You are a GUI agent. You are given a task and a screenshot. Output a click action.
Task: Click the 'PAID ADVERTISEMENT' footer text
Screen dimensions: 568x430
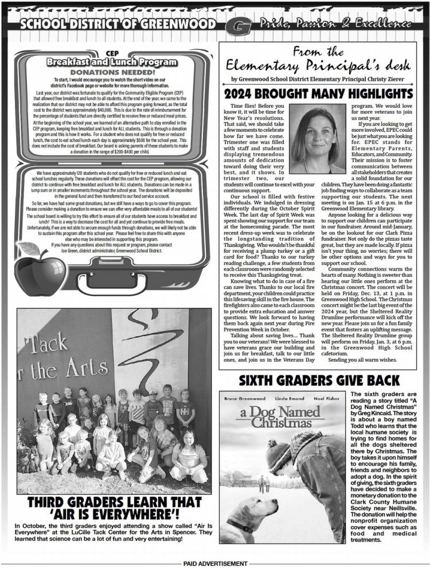215,563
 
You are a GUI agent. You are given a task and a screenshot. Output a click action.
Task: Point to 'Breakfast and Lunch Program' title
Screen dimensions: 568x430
112,61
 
